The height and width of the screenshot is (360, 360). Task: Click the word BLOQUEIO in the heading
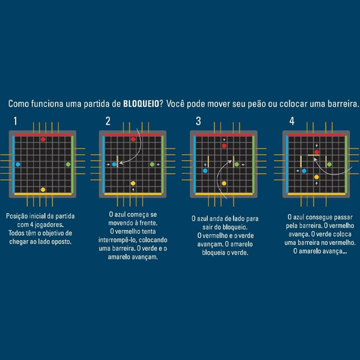(141, 104)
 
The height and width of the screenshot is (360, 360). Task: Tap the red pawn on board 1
(43, 140)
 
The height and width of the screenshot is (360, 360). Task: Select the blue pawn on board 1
(18, 164)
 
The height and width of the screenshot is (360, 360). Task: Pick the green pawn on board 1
(68, 164)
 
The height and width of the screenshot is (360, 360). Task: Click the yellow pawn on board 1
(43, 189)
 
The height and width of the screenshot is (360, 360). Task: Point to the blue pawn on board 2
(114, 164)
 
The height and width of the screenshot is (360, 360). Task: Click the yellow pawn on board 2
(133, 183)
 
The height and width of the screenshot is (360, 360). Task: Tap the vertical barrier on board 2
(117, 161)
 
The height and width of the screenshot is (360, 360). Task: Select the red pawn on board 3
(224, 146)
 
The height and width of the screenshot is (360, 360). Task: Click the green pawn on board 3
(237, 164)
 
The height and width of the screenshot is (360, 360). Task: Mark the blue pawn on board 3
(205, 171)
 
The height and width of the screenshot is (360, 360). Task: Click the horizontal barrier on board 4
(313, 155)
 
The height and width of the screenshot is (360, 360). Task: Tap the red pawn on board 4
(317, 152)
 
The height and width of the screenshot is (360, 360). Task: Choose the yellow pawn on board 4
(317, 177)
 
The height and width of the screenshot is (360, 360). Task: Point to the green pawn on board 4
(329, 164)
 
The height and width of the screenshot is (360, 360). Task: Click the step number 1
(16, 121)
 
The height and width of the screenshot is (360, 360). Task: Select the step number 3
(198, 121)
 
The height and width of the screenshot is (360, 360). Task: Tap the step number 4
(292, 121)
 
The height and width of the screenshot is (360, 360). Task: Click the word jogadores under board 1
(49, 224)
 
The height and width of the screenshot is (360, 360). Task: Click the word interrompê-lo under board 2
(117, 240)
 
